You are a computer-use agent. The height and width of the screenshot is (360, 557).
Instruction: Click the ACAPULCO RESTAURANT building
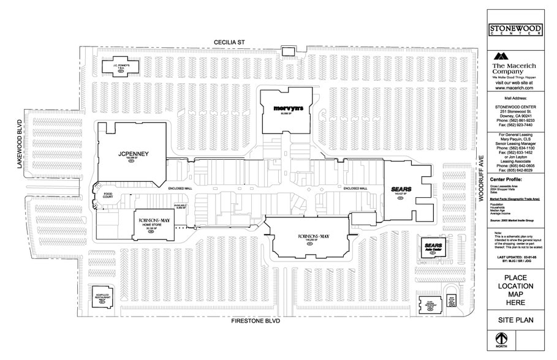[102, 298]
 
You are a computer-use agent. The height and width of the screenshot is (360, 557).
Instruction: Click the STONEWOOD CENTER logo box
[515, 30]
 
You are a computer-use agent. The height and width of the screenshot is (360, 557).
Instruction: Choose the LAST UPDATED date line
[515, 257]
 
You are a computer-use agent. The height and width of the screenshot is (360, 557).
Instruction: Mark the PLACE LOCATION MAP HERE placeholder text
[515, 290]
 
